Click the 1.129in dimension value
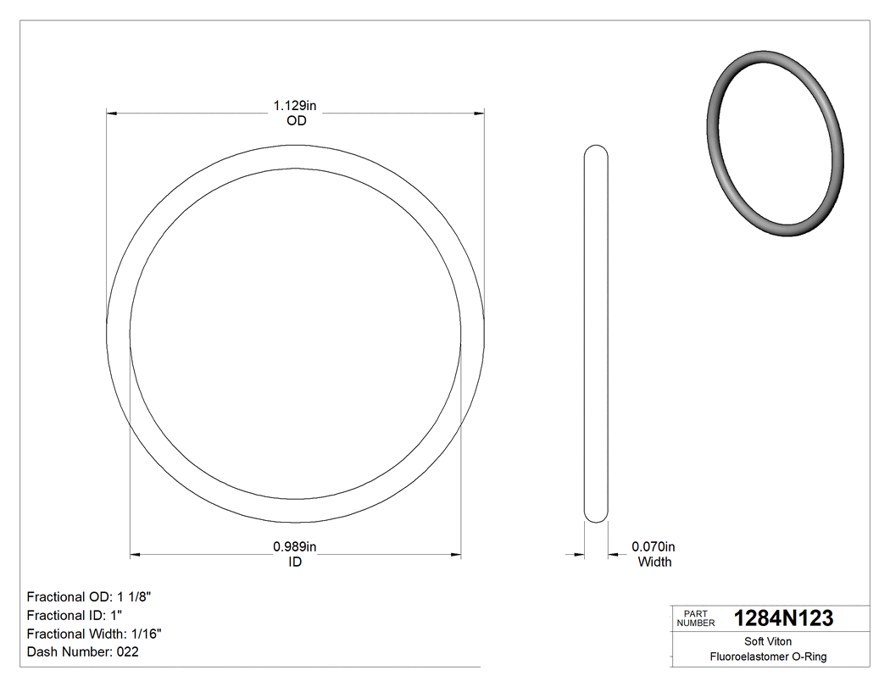point(294,106)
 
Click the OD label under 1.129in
point(296,121)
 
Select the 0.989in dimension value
point(294,547)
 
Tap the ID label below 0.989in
point(295,562)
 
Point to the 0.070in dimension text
point(654,547)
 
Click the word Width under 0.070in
point(654,562)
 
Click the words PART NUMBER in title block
point(696,618)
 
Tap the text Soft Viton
point(768,641)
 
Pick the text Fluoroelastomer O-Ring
point(768,657)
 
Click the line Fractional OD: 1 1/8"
point(89,596)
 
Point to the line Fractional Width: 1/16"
point(94,634)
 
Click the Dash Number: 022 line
point(82,652)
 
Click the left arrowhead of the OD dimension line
point(111,113)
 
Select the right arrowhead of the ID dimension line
point(455,556)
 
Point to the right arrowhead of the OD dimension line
point(479,113)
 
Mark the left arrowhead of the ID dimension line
point(135,556)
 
